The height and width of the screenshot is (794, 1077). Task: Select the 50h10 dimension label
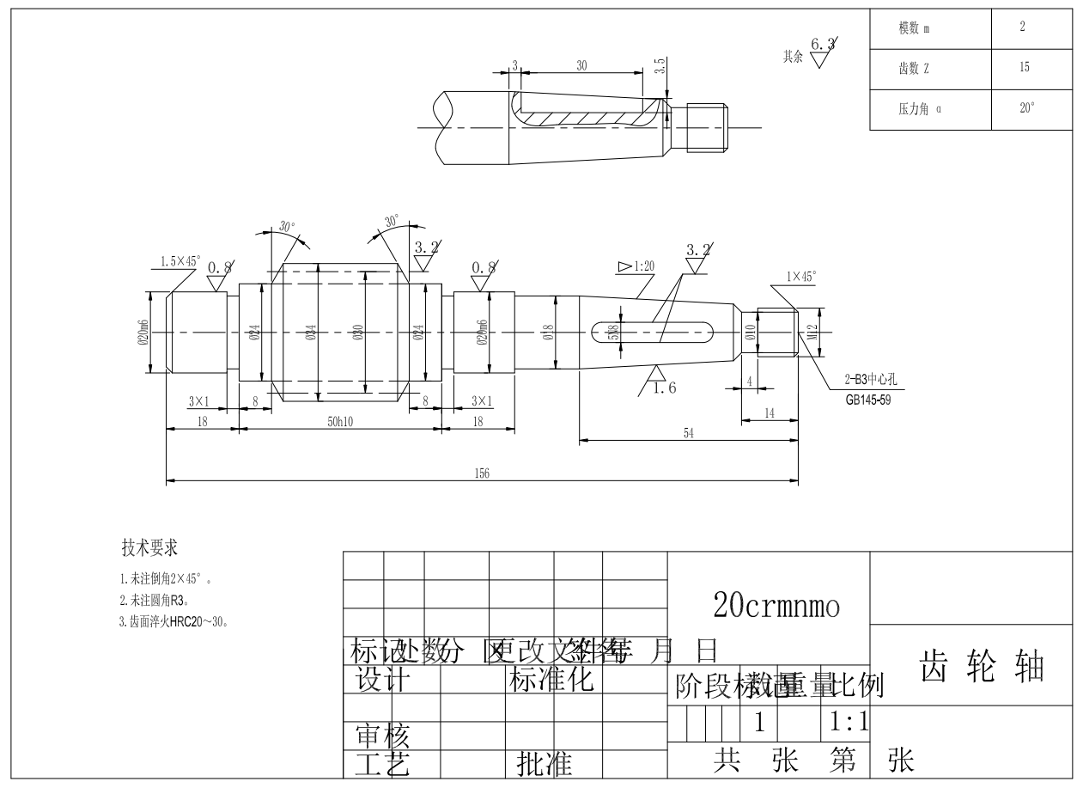[x=340, y=423]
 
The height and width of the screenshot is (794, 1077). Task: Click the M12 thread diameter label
[x=812, y=332]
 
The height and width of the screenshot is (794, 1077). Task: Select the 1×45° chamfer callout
[x=800, y=278]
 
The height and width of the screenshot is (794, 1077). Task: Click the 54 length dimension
[x=688, y=434]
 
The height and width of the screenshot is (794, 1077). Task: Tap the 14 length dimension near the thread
[x=769, y=413]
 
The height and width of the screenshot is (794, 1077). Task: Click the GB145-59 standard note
[x=867, y=399]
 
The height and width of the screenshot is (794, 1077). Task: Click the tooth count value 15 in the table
[x=1024, y=68]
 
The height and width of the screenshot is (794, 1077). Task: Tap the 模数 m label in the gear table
[x=914, y=28]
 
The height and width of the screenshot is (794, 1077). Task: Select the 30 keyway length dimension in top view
[x=581, y=65]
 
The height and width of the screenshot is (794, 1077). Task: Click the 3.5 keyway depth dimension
[x=659, y=67]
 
